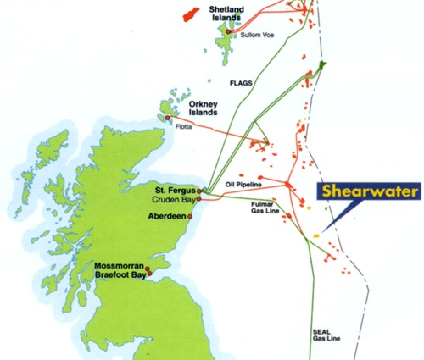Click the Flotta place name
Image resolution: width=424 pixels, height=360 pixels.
185,127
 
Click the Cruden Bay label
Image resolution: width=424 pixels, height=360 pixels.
173,199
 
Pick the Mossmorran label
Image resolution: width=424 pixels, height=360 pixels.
120,265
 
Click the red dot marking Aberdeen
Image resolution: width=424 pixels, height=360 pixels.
192,217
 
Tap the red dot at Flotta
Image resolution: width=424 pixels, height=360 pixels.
178,119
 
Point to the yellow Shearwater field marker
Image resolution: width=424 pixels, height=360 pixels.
316,229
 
